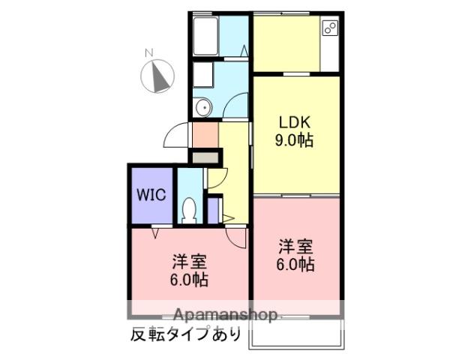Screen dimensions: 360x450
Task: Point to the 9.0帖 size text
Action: pos(295,140)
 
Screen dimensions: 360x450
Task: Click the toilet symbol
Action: pos(190,208)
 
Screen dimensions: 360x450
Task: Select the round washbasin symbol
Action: pos(202,108)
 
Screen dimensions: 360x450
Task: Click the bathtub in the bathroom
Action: pos(205,34)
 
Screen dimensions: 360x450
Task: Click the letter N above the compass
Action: pos(149,52)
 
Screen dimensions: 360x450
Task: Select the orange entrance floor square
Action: pos(204,135)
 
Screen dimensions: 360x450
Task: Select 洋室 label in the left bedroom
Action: pos(190,262)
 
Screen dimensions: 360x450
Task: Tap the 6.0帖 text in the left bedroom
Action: pos(190,280)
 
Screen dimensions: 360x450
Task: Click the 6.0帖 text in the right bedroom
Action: pos(295,265)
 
